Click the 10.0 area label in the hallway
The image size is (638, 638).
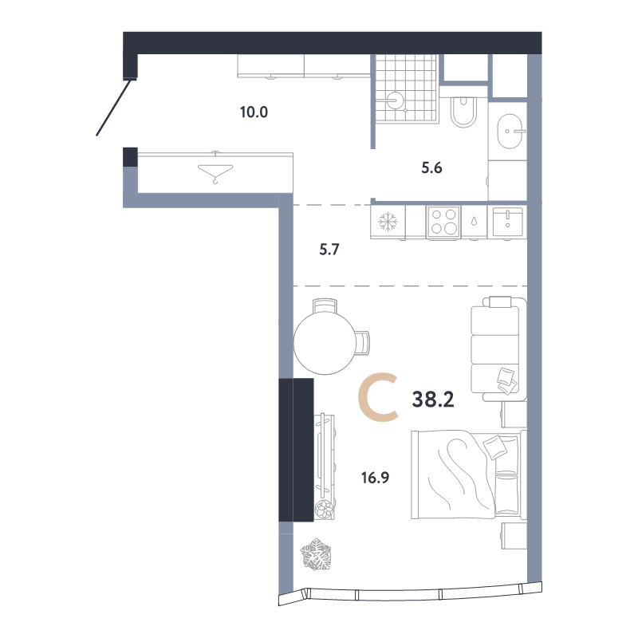click(254, 112)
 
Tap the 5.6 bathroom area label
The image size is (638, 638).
click(431, 167)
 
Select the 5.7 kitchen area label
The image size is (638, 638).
click(329, 249)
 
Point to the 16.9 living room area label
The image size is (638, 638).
click(375, 477)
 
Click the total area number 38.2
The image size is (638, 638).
click(433, 400)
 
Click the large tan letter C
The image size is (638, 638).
click(377, 399)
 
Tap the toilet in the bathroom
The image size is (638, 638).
click(463, 112)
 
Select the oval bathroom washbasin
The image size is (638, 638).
click(510, 132)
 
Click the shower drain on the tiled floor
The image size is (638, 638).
click(395, 100)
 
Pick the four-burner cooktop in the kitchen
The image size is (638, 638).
click(443, 222)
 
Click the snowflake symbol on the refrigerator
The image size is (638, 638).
click(388, 222)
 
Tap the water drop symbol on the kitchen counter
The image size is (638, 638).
click(474, 221)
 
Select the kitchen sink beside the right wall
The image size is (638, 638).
click(507, 222)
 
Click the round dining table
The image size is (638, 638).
click(325, 343)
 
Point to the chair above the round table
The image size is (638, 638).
click(325, 306)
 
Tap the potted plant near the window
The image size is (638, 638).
click(316, 554)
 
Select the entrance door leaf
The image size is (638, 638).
click(114, 108)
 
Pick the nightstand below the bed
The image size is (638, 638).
click(514, 535)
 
